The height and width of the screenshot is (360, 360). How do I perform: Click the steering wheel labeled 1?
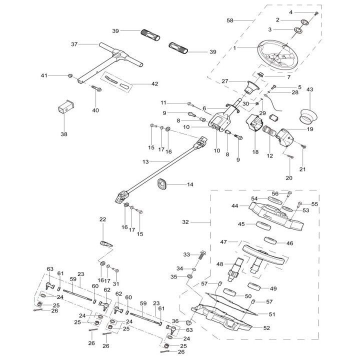coord(278,53)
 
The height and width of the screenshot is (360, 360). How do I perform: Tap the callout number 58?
coord(230,20)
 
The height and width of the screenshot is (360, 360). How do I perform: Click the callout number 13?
coord(145,161)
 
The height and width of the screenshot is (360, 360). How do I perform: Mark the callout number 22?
coord(102,219)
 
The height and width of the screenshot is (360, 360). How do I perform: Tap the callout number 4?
coord(304,11)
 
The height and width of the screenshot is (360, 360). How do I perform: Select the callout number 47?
coord(223,241)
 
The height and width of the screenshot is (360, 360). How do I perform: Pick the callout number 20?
coord(288,177)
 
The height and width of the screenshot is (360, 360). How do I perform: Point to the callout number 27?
coord(224,81)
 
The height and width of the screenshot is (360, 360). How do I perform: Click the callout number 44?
coord(234,205)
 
